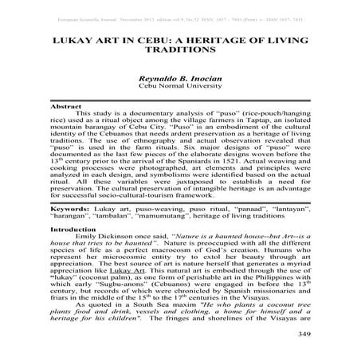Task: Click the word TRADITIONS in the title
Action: click(179, 48)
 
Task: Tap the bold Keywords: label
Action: click(71, 206)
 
